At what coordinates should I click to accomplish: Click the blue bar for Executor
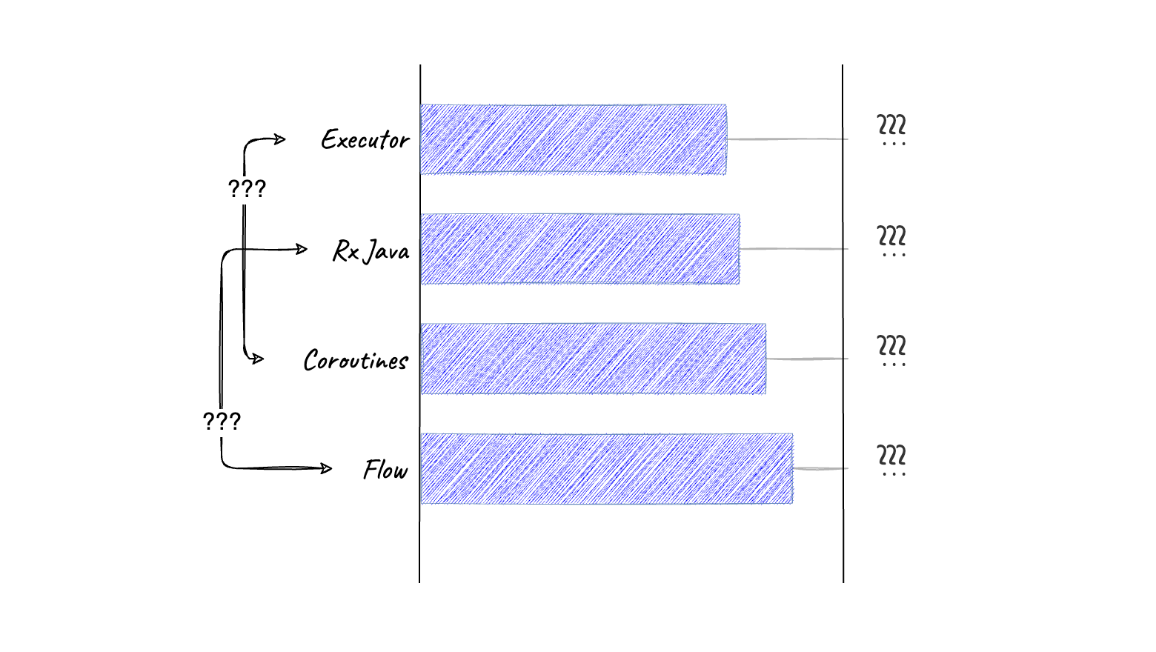point(573,139)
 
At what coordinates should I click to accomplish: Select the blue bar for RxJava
point(579,249)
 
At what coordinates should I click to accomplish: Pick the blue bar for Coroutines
point(593,359)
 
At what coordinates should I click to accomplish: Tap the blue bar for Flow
point(606,468)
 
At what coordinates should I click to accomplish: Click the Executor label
point(365,139)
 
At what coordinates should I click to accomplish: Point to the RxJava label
point(371,250)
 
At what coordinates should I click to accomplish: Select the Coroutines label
point(356,360)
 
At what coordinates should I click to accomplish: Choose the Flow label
point(385,470)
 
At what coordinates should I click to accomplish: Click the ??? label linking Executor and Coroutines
point(247,189)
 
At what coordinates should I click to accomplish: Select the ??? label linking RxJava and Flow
point(222,422)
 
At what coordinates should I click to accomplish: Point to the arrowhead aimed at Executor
point(280,139)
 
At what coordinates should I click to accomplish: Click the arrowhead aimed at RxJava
point(302,249)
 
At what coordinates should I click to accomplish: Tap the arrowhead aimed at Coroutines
point(258,359)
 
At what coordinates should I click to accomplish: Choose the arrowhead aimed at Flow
point(326,468)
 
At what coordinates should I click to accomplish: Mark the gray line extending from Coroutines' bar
point(807,359)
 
